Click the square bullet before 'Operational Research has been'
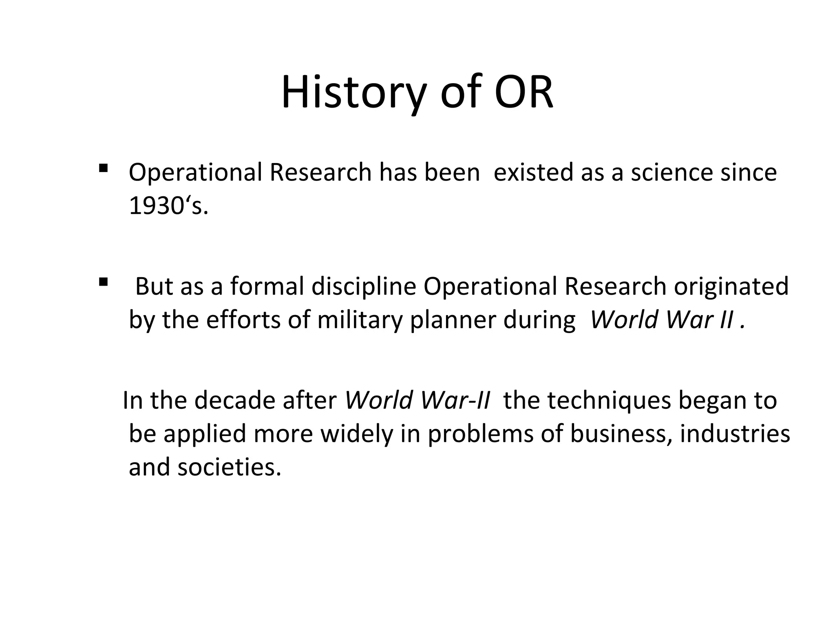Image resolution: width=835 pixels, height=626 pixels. [x=103, y=168]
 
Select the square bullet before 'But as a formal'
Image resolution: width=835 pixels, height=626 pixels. [x=103, y=282]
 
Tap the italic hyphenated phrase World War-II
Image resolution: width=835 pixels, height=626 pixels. [x=417, y=400]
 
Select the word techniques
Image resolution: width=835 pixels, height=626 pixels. [x=609, y=400]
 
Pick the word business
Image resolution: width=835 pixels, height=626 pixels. [x=620, y=434]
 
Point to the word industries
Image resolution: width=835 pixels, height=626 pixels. [x=735, y=434]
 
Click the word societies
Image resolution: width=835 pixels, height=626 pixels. [x=230, y=467]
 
